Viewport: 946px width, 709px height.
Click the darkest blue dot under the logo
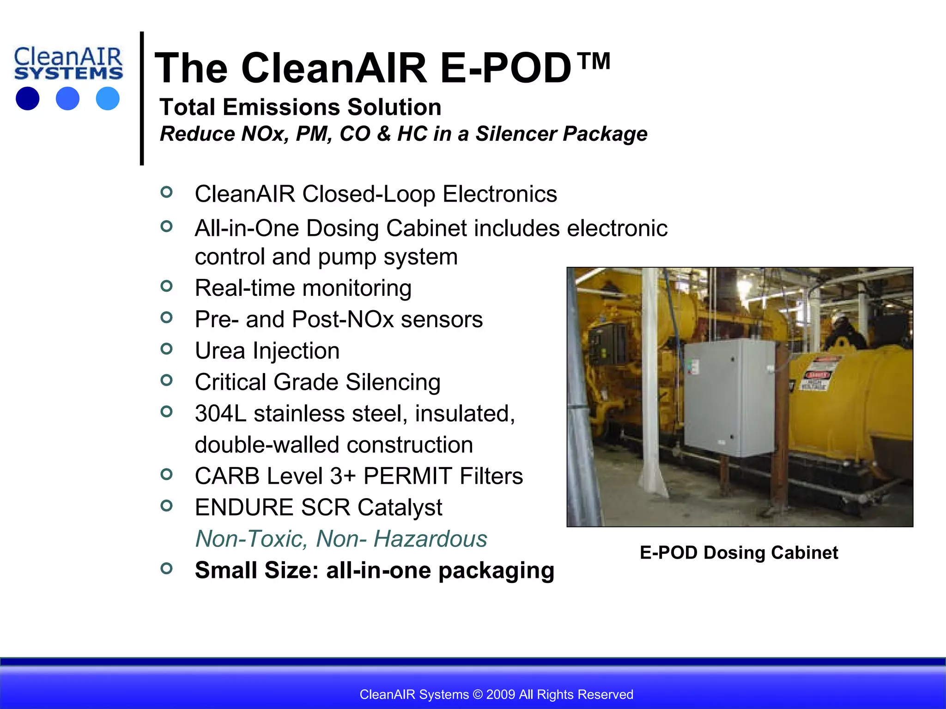[x=27, y=98]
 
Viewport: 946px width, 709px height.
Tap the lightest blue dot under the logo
[x=108, y=98]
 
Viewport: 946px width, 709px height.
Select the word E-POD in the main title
[x=506, y=68]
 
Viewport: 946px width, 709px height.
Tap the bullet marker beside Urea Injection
[x=166, y=349]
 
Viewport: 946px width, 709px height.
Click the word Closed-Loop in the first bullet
[x=368, y=194]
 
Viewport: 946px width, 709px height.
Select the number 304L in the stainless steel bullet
[x=220, y=414]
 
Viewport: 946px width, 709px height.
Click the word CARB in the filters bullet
[x=227, y=476]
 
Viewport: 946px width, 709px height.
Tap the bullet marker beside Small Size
[x=166, y=568]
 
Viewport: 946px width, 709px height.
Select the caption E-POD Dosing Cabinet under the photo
[x=738, y=553]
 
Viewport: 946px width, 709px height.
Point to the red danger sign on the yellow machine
[x=817, y=375]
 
